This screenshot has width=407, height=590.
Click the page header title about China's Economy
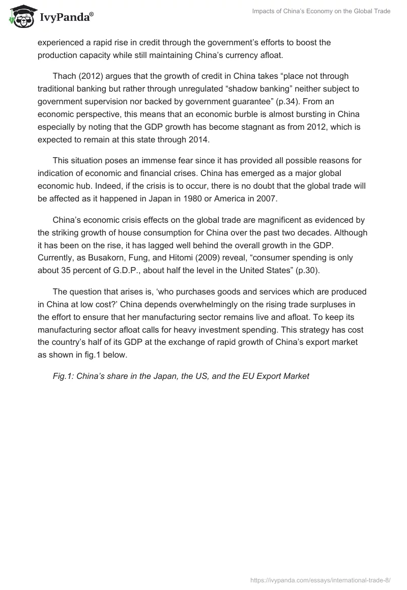click(321, 11)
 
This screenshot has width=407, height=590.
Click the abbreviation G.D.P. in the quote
click(132, 270)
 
